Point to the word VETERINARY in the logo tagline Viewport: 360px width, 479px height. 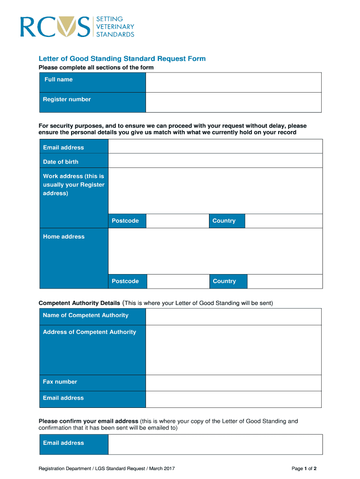(x=115, y=27)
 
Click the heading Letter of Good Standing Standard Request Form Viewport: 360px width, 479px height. (x=122, y=59)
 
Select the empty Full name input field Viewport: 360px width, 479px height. (x=233, y=82)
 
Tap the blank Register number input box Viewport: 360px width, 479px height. (x=233, y=102)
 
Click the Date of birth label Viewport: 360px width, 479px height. (x=61, y=162)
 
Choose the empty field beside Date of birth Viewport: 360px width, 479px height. (x=215, y=160)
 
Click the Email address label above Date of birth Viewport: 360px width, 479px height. (x=64, y=148)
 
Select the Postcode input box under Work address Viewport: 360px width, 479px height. (x=177, y=221)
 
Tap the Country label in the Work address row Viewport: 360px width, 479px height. (x=224, y=221)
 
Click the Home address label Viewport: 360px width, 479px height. (x=64, y=237)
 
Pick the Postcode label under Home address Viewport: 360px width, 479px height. (x=125, y=281)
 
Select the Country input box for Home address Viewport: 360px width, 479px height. (x=284, y=281)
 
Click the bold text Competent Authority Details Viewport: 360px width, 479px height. (x=79, y=303)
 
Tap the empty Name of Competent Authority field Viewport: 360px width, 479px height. (x=233, y=317)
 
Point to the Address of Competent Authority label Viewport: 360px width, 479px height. (x=89, y=332)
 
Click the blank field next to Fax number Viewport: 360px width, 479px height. (x=233, y=383)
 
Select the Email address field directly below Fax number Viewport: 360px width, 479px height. (x=233, y=399)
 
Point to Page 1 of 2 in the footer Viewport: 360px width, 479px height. (x=304, y=468)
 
